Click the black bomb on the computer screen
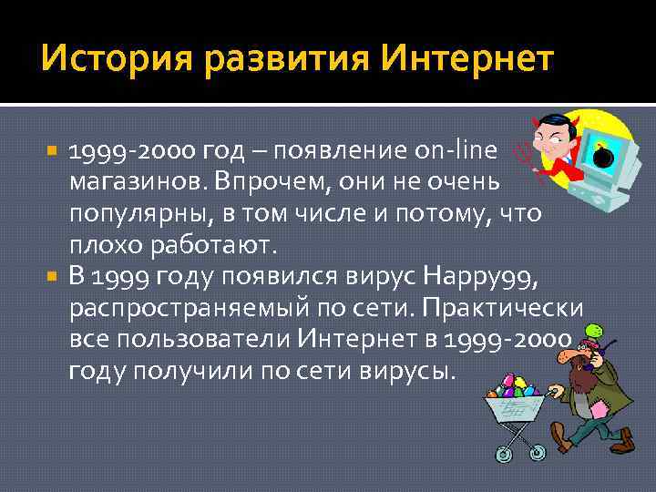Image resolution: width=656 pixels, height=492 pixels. pyautogui.click(x=602, y=157)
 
